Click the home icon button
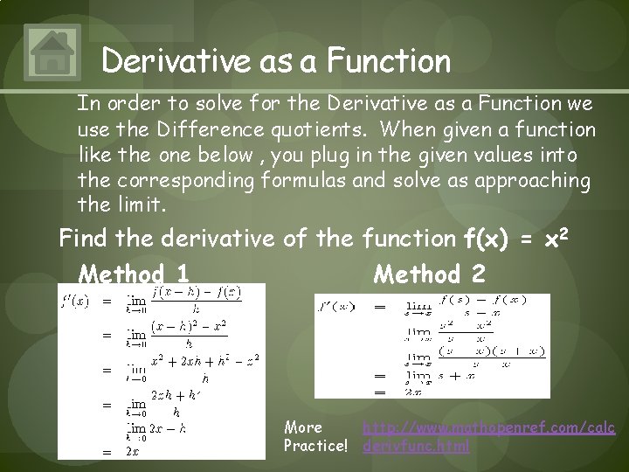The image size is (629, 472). click(x=54, y=52)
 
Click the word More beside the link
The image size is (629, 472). click(x=303, y=427)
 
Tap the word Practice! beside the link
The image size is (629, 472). click(x=315, y=446)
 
